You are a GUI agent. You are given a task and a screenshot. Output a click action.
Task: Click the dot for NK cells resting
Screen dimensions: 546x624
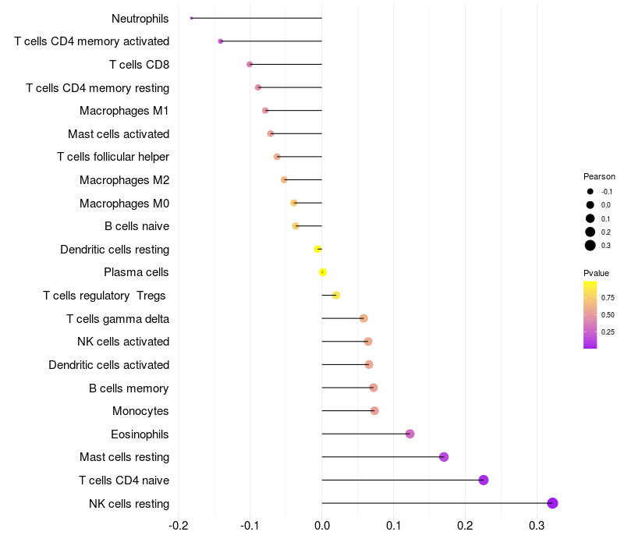[552, 503]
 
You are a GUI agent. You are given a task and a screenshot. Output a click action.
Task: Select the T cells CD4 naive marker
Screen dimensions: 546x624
[484, 480]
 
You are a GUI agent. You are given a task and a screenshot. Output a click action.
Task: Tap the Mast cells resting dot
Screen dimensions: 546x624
[444, 457]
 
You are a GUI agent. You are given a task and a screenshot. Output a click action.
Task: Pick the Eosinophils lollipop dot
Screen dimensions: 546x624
[410, 434]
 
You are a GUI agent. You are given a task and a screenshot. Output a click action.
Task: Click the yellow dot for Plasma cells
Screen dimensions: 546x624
[323, 272]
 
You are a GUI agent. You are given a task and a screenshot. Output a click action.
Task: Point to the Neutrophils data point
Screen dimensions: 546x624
[191, 18]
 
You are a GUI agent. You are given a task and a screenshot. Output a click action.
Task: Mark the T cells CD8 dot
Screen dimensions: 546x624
[250, 64]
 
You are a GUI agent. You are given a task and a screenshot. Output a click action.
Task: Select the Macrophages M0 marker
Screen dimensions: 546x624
[294, 203]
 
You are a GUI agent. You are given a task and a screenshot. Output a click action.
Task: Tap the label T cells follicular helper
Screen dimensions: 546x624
[113, 157]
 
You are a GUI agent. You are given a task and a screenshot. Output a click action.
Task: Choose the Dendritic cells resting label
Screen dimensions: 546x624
[115, 250]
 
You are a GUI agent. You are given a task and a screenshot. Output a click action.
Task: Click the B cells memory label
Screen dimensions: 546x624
[129, 388]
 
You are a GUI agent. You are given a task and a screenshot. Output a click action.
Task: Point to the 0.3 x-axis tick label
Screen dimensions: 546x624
[537, 526]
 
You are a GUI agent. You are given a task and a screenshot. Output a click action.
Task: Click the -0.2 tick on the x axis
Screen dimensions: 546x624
[179, 526]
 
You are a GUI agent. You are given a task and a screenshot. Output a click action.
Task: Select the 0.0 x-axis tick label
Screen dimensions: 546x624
[322, 526]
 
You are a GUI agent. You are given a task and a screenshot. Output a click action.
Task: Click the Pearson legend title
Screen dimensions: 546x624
[599, 176]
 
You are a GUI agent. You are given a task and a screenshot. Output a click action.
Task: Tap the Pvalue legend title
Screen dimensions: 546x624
[596, 273]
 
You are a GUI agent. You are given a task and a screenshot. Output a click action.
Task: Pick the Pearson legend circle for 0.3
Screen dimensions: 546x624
[590, 246]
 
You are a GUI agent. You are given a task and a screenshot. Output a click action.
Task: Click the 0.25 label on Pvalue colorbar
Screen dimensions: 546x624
[608, 331]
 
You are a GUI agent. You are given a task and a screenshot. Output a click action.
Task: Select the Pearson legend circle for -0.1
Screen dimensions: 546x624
[590, 191]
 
